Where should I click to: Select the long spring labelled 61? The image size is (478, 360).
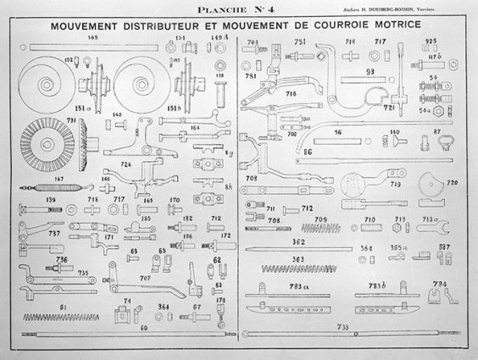[64, 317]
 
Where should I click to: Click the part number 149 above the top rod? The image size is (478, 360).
[92, 39]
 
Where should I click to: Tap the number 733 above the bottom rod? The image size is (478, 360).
[342, 326]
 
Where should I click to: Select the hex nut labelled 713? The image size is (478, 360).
[398, 227]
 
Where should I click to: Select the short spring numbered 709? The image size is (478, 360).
[320, 228]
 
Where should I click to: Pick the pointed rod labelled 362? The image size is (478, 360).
[322, 248]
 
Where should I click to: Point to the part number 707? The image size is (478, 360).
[145, 278]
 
